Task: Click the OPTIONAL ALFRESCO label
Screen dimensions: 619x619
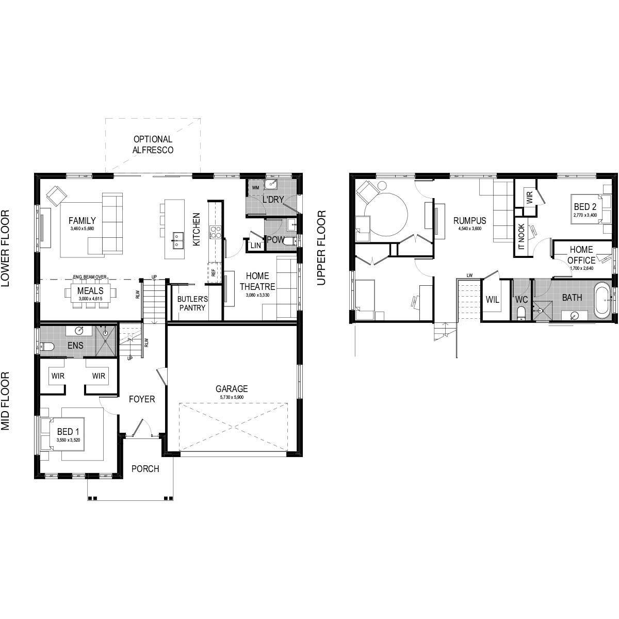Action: (x=153, y=144)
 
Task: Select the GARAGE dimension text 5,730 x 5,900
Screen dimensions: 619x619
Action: (x=232, y=398)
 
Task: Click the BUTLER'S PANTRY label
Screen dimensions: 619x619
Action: (x=191, y=303)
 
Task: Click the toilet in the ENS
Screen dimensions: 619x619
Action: (x=46, y=346)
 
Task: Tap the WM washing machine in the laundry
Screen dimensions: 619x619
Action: (x=255, y=188)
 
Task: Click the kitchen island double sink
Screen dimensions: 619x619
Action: (x=177, y=238)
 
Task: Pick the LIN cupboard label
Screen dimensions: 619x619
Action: (x=255, y=246)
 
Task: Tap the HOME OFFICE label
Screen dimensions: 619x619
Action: (x=581, y=255)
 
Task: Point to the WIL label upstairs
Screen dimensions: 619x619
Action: (x=492, y=300)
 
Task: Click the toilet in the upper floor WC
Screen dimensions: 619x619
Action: (x=520, y=312)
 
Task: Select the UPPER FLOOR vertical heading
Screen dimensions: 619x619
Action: (x=322, y=248)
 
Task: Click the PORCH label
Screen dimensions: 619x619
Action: (x=145, y=469)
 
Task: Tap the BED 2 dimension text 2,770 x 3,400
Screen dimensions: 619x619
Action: (x=585, y=215)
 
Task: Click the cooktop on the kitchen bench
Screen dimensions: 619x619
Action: (x=215, y=233)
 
